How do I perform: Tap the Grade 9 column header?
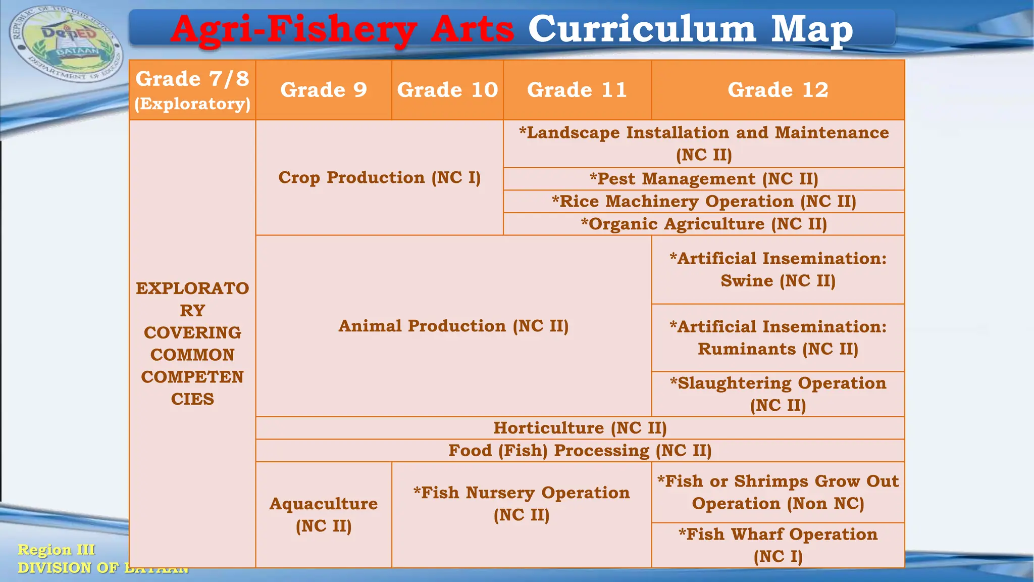click(x=324, y=90)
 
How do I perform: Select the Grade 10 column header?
click(x=447, y=90)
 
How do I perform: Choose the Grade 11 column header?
click(x=577, y=90)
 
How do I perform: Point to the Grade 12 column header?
click(x=778, y=90)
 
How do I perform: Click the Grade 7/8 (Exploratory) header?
click(x=192, y=90)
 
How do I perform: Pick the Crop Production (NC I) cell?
click(x=379, y=177)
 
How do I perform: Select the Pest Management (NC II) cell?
click(x=703, y=179)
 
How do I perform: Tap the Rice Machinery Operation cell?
click(x=703, y=201)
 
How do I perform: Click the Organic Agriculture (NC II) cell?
click(x=703, y=224)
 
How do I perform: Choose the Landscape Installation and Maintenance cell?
click(x=703, y=143)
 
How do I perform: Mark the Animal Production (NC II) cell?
click(x=453, y=326)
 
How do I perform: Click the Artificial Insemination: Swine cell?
click(x=778, y=269)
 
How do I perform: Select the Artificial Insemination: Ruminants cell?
click(x=778, y=337)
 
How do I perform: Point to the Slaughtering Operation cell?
click(x=778, y=394)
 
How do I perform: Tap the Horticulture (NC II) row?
click(x=580, y=428)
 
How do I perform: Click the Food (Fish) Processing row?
click(x=580, y=450)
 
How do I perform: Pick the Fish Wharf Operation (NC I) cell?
click(x=778, y=545)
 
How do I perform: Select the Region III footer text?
click(x=56, y=550)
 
